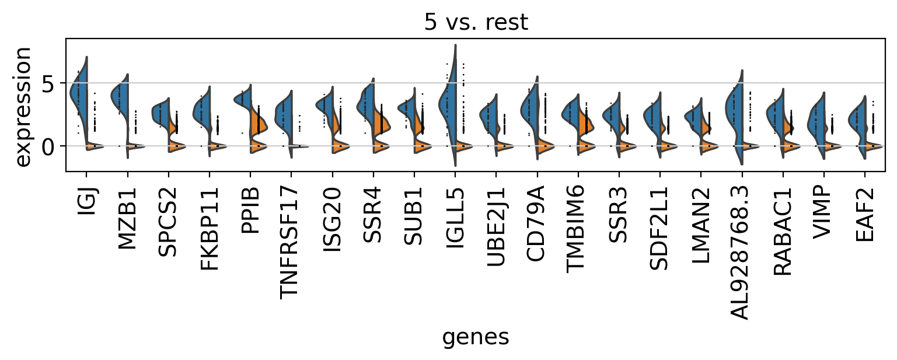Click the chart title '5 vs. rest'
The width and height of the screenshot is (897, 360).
click(x=476, y=22)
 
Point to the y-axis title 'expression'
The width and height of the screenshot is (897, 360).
click(x=23, y=106)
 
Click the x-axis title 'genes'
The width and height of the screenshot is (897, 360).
click(x=476, y=337)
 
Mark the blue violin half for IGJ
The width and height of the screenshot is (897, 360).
click(x=79, y=93)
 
